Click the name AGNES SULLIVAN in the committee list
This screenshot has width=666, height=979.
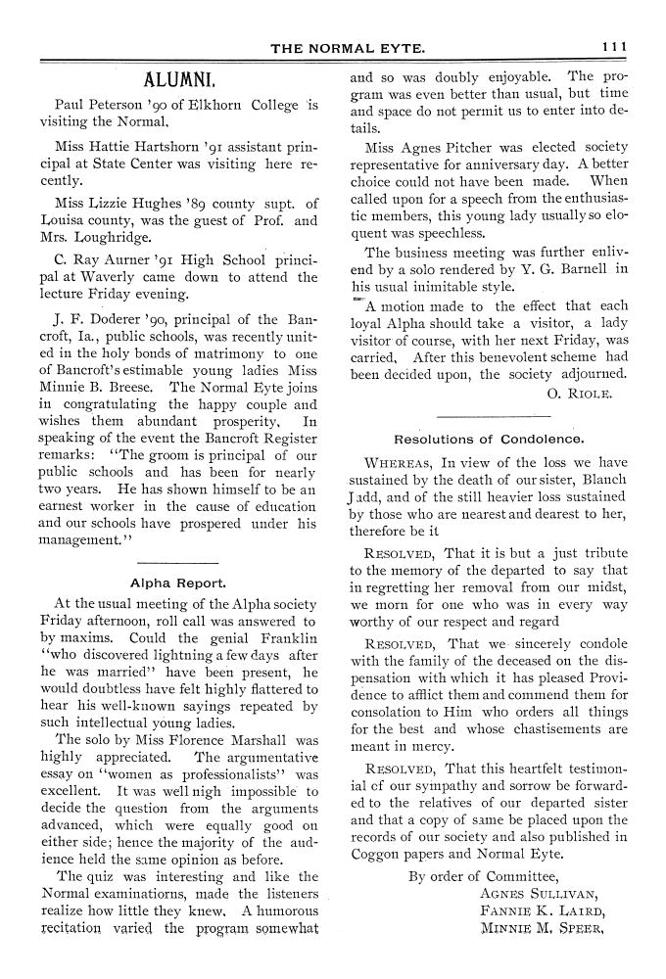[538, 892]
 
